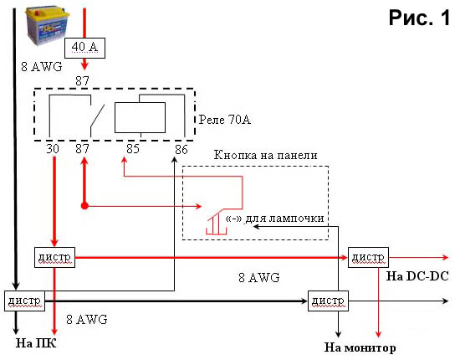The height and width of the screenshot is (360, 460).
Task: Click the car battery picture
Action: click(48, 26)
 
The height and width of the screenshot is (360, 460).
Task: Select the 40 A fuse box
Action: click(84, 48)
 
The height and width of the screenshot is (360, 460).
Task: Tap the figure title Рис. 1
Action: click(420, 18)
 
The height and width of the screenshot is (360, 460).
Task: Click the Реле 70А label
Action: click(225, 120)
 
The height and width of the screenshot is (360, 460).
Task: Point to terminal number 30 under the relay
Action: click(53, 149)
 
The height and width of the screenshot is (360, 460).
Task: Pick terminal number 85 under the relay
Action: click(133, 148)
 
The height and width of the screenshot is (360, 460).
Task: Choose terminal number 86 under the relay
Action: click(181, 150)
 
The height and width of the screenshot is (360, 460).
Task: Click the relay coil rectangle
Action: click(140, 117)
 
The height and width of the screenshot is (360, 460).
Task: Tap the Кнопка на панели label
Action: click(265, 155)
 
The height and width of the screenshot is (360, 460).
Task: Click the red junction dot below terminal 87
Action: click(84, 206)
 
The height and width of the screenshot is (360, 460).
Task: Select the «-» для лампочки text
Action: click(274, 219)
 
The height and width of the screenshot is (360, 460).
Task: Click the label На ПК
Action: click(36, 343)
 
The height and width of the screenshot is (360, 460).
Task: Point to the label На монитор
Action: click(360, 347)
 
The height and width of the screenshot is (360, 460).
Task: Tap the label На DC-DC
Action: click(417, 276)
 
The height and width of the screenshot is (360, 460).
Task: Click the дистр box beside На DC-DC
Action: click(368, 258)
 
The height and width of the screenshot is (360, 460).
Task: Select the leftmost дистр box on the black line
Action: click(24, 301)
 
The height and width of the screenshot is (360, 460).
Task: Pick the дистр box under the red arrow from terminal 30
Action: click(55, 257)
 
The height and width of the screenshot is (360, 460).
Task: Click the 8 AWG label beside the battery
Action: click(42, 67)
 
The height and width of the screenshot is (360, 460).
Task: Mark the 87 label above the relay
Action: click(82, 80)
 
